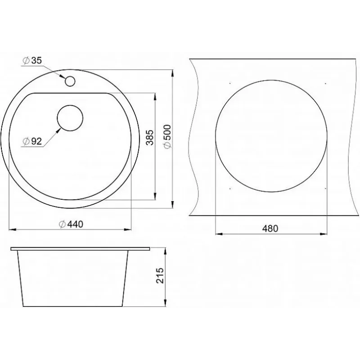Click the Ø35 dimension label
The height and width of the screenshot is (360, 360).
coord(32,60)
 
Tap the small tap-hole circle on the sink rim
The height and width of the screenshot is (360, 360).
coord(70,81)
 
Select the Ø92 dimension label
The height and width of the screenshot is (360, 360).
coord(32,141)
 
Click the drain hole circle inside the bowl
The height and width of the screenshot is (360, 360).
coord(70,118)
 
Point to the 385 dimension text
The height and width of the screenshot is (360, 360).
coord(150,138)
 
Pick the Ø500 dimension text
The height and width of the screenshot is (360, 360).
coord(167,136)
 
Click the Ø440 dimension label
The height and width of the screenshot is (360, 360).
coord(71,224)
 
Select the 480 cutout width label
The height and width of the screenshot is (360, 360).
coord(270,229)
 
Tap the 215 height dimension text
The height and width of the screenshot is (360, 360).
coord(160,275)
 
